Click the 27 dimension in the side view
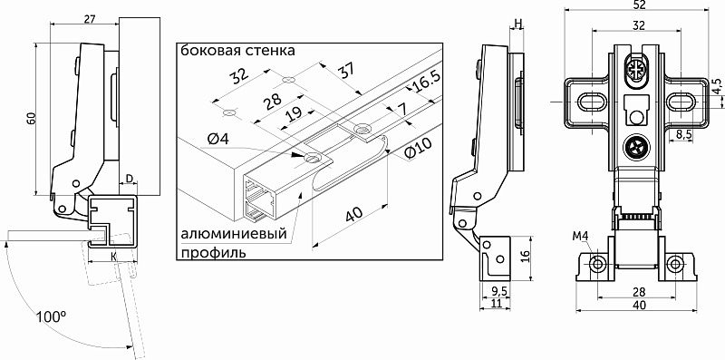click(90, 19)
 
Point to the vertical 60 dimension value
click(31, 118)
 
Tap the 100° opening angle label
click(52, 317)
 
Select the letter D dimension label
click(130, 178)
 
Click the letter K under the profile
click(112, 256)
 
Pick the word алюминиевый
click(234, 234)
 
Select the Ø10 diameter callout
click(418, 149)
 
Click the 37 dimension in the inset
click(346, 72)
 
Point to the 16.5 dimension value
click(423, 83)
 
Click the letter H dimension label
click(517, 23)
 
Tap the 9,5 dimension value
click(496, 291)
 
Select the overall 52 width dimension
click(639, 5)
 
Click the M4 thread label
click(580, 237)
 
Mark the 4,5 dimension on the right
click(717, 86)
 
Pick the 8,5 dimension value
click(683, 134)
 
